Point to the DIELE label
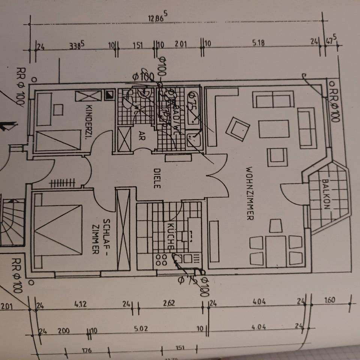[x=157, y=177]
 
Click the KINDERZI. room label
[x=89, y=122]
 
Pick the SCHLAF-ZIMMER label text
[x=100, y=236]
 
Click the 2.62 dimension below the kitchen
[x=169, y=303]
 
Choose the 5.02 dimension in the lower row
[x=141, y=328]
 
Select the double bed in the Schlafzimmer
[x=58, y=228]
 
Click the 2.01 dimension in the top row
[x=180, y=43]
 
